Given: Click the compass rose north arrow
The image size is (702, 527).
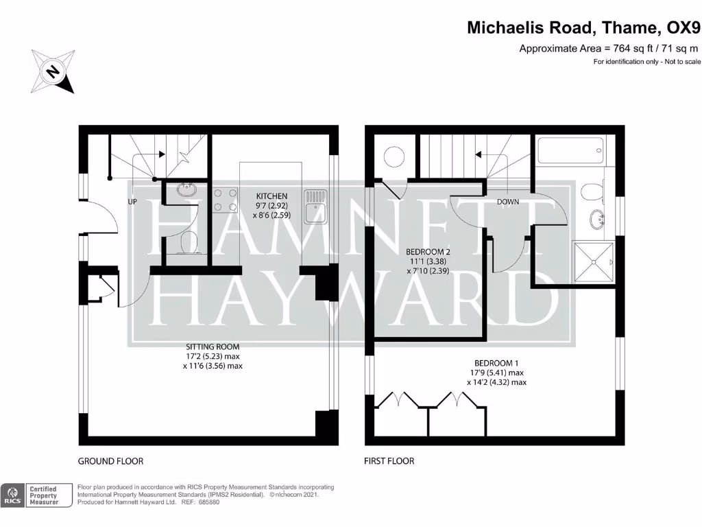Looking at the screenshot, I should coord(52,72).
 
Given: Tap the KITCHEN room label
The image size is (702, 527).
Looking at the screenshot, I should coord(271,196).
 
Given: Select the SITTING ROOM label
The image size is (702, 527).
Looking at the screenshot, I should coord(212,347).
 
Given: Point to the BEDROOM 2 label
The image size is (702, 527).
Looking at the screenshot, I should coord(429,251).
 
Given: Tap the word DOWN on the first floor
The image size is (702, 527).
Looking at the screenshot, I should coord(508,202).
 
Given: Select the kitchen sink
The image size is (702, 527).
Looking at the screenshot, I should coord(316,198).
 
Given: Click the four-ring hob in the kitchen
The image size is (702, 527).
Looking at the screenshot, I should coord(226,200).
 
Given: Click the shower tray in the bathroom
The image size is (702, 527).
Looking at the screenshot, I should coord(593,262).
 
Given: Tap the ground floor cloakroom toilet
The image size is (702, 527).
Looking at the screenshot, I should coord(186,242).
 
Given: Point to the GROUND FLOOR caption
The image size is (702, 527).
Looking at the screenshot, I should coord(110,461).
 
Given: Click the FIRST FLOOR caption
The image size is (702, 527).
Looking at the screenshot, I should coord(389,461).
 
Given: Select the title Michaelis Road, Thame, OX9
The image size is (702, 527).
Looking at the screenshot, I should coord(583,27).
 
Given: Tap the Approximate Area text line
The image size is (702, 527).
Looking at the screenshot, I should coord(609,48).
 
